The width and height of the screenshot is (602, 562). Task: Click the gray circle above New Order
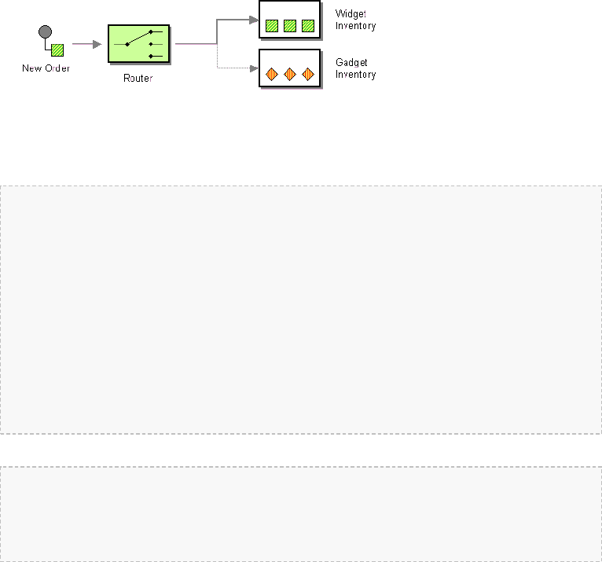pos(45,32)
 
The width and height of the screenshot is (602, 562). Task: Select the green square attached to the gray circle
pos(57,50)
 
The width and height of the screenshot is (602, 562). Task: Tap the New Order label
pos(46,68)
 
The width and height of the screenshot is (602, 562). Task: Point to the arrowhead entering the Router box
pos(97,44)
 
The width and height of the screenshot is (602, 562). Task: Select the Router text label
pos(138,79)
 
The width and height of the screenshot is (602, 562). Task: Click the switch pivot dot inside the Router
pos(127,44)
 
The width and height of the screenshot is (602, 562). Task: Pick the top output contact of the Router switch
pos(150,32)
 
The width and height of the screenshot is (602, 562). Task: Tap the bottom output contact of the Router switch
pos(150,56)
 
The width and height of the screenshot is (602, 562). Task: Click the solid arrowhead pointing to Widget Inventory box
pos(253,20)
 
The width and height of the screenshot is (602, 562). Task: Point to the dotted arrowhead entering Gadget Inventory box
pos(253,68)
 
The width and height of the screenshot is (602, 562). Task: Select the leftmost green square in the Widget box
pos(271,25)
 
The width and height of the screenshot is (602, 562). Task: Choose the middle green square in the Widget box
pos(290,25)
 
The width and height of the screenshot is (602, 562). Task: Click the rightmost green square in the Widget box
pos(308,25)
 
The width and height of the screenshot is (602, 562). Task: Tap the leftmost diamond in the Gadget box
pos(271,75)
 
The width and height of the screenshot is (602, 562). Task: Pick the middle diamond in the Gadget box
pos(290,75)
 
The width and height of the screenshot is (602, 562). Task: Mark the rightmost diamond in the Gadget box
pos(308,75)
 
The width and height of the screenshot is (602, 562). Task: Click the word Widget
pos(351,14)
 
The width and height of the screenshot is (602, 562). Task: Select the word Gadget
pos(351,63)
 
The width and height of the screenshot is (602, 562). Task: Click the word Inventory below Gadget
pos(355,75)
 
